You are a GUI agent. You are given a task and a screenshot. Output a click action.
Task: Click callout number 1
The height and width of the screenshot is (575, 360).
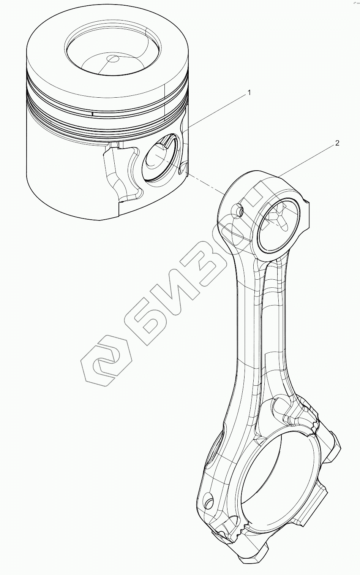(x=249, y=92)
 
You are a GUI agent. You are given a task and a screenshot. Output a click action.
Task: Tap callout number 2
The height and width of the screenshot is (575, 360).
(x=336, y=143)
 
